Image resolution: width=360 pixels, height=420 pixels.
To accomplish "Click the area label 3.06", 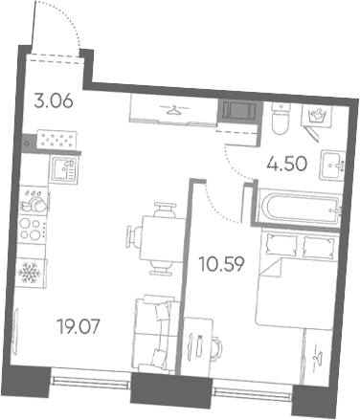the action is (x=54, y=101).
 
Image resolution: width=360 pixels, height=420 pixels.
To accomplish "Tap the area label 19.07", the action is (x=79, y=327).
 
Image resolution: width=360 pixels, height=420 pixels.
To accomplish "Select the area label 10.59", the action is (x=222, y=264).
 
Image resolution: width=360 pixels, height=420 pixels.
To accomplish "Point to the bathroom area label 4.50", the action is (x=287, y=165).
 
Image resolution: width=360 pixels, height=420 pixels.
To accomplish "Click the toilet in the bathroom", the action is (x=281, y=119).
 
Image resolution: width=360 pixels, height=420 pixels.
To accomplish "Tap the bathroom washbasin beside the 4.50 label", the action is (x=333, y=166).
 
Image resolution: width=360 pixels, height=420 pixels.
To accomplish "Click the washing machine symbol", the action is (x=317, y=116).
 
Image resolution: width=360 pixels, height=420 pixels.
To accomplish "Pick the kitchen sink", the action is (x=63, y=170).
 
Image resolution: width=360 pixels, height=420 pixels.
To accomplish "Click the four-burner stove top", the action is (x=32, y=229).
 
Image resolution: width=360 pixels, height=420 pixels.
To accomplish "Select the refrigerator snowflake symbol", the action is (x=30, y=273).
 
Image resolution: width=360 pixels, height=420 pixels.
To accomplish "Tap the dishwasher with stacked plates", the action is (x=34, y=201).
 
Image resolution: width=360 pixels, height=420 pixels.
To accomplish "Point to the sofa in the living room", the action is (x=155, y=335).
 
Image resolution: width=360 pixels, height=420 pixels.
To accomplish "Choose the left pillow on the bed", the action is (x=281, y=244).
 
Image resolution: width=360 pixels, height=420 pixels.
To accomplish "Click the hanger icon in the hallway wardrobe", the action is (x=174, y=111).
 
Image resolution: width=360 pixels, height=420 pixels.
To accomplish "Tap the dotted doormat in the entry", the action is (x=56, y=140).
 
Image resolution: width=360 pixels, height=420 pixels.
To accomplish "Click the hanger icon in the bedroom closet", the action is (x=318, y=358).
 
